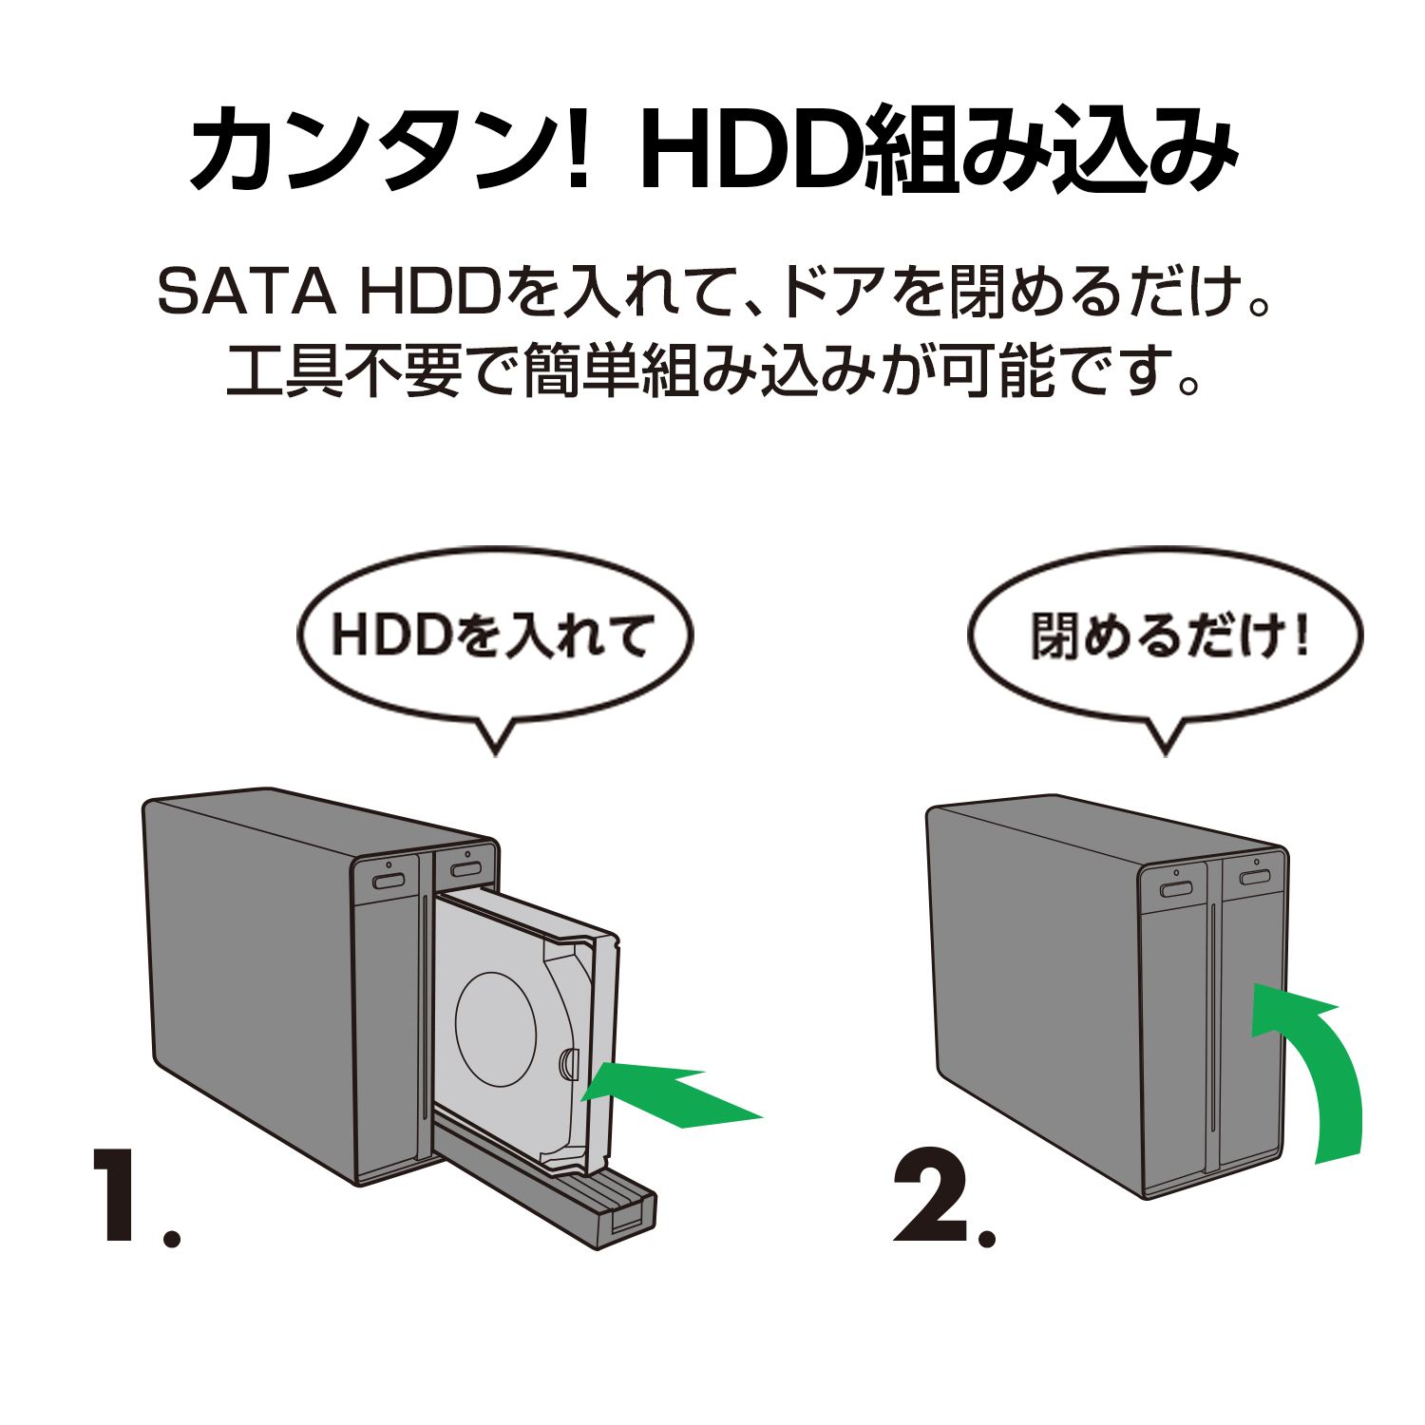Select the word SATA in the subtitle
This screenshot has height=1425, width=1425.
coord(246,291)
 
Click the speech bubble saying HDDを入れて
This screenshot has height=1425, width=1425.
coord(494,636)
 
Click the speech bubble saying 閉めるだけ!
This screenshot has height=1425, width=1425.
coord(1165,636)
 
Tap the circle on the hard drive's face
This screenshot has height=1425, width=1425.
coord(496,1029)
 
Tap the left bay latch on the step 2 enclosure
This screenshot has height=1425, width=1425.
coord(1176,889)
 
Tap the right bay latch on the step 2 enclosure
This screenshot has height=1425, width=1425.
coord(1254,877)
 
